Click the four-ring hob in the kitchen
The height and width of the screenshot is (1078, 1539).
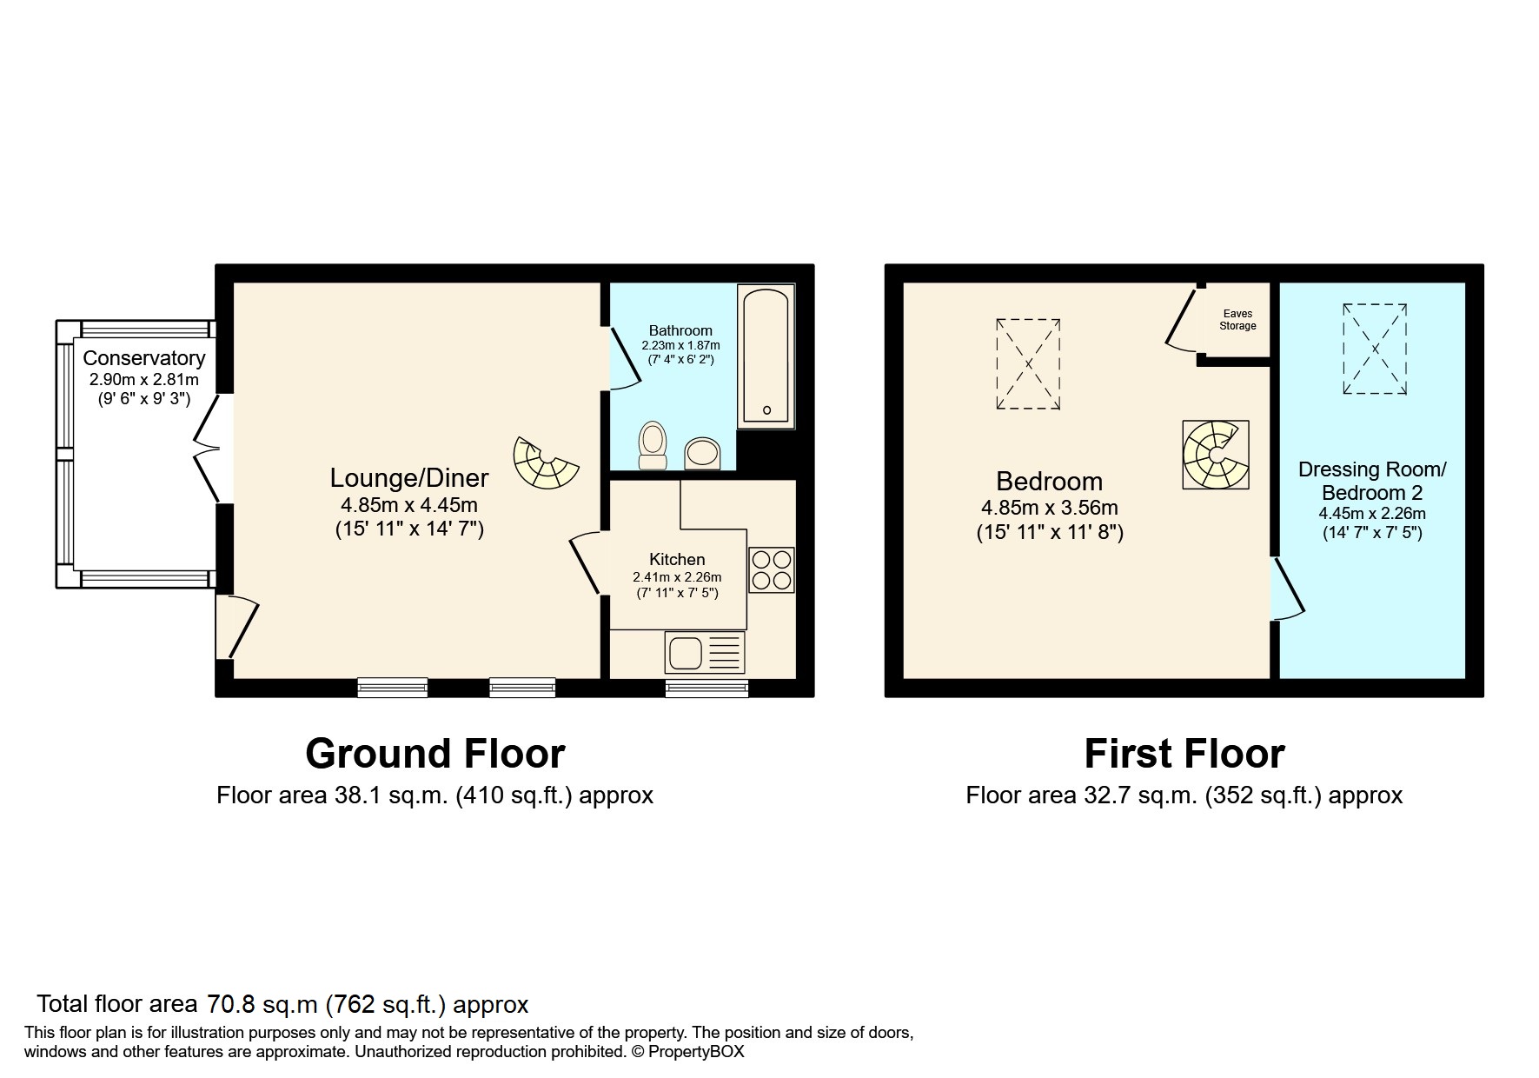coord(771,570)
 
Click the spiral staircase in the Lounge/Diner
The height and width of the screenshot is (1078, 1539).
coord(544,462)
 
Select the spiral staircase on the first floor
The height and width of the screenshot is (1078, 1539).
coord(1215,455)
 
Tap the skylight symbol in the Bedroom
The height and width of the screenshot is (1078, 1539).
coord(1028,363)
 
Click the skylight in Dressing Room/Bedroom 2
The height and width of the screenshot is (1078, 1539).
coord(1375,349)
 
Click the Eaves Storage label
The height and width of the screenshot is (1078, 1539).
coord(1237,320)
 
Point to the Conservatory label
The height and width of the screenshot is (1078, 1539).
coord(144,358)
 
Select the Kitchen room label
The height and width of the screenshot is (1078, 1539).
coord(677,559)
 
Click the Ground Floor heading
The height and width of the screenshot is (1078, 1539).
coord(435,754)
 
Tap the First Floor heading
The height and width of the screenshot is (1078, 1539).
coord(1184,754)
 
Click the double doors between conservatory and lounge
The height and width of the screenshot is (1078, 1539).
coord(209,448)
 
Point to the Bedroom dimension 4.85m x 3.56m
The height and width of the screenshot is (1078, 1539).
coord(1050,508)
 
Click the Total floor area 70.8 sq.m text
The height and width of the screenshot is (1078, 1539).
coord(282,1005)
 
